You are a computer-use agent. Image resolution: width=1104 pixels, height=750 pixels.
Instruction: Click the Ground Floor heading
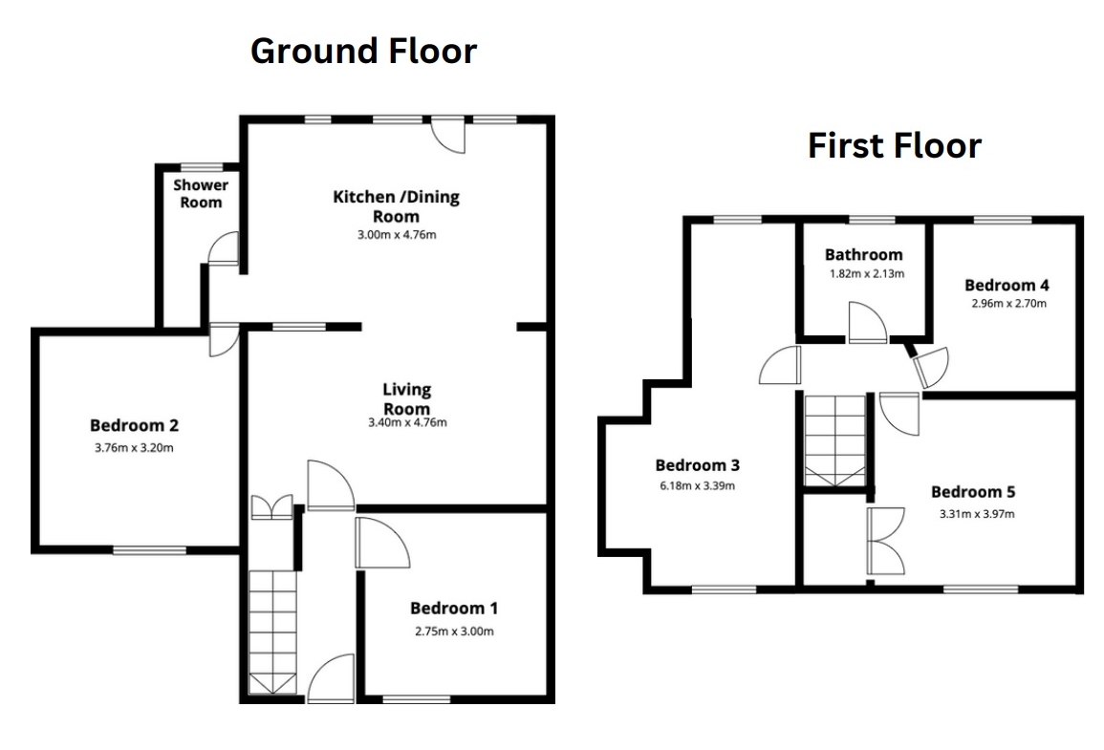[363, 52]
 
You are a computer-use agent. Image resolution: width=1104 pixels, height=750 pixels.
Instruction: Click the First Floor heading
[894, 145]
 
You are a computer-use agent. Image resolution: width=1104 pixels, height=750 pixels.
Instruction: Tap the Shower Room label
[201, 194]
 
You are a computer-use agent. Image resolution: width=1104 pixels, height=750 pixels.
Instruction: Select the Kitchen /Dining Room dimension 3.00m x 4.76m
[397, 235]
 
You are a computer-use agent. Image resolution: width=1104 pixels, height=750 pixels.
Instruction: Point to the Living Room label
[406, 398]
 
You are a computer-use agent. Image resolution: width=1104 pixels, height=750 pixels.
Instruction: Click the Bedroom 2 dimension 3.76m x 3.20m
[134, 447]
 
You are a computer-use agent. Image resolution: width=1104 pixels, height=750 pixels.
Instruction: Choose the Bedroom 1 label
[454, 608]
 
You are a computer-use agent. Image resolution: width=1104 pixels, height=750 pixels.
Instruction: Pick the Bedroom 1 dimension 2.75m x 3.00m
[454, 632]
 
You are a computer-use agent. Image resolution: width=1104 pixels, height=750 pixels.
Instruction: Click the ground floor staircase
[272, 632]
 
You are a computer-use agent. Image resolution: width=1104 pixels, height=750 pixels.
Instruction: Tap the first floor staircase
[835, 440]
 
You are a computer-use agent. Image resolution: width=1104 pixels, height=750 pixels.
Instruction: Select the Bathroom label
[863, 255]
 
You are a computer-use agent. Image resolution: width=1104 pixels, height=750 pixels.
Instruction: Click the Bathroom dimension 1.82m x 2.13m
[867, 273]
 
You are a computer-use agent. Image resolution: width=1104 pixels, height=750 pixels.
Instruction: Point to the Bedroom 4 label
[1007, 285]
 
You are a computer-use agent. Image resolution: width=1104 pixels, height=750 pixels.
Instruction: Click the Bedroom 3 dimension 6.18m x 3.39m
[697, 485]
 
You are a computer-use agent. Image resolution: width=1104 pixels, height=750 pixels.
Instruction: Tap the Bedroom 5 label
[973, 492]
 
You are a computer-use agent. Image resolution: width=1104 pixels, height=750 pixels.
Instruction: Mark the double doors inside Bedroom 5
[886, 541]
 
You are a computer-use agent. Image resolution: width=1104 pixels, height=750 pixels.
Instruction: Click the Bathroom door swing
[868, 323]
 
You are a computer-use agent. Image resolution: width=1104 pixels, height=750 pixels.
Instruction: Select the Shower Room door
[224, 249]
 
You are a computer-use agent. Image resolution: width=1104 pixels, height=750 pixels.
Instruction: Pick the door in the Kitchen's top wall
[448, 135]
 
